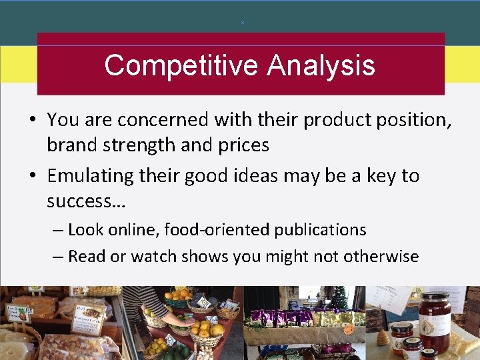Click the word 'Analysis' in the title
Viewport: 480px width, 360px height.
pos(321,66)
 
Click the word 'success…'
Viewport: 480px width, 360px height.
pos(81,201)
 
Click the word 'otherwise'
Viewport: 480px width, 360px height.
pos(379,256)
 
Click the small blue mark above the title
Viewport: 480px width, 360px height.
pos(243,23)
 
